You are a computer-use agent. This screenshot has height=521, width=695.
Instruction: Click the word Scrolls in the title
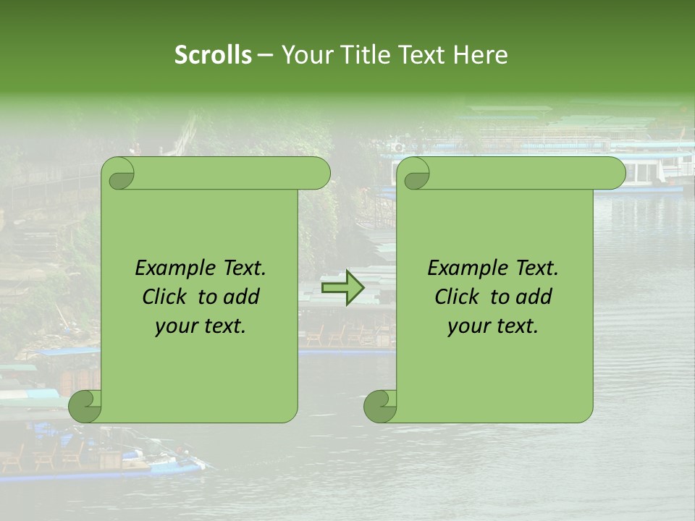[x=214, y=55]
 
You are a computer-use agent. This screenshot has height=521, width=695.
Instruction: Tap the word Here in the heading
[x=481, y=55]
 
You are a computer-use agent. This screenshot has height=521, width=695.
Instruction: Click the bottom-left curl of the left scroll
[x=85, y=406]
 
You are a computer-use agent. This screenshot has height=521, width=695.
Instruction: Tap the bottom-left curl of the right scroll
[x=380, y=406]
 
